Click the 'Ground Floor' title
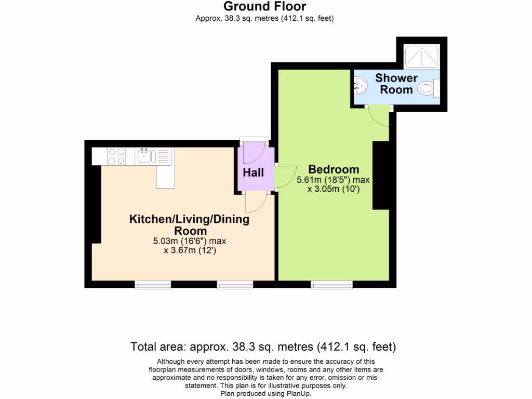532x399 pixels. point(264,7)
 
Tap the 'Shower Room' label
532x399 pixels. point(396,84)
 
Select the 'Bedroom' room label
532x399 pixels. point(334,169)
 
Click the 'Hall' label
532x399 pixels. point(254,172)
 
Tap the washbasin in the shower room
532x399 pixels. point(360,84)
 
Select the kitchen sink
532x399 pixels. point(144,155)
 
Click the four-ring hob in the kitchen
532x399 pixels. point(116,156)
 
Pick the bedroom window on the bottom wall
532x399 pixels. point(331,284)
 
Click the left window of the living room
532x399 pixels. point(153,284)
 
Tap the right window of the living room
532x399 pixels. point(235,284)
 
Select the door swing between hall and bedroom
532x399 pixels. point(286,178)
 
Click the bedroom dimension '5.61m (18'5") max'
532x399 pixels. point(332,180)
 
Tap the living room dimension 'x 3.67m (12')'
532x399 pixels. point(189,250)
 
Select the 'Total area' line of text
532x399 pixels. point(263,347)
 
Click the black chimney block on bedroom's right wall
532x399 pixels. point(381,175)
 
